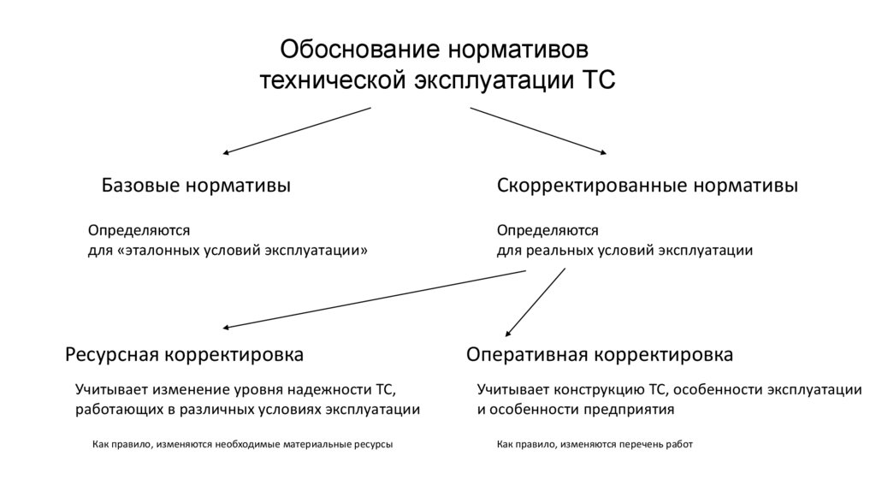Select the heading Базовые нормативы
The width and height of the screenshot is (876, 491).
coord(196,186)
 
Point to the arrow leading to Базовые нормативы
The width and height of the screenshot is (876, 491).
coord(296,130)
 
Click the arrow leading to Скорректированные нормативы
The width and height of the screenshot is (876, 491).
coord(539,130)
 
